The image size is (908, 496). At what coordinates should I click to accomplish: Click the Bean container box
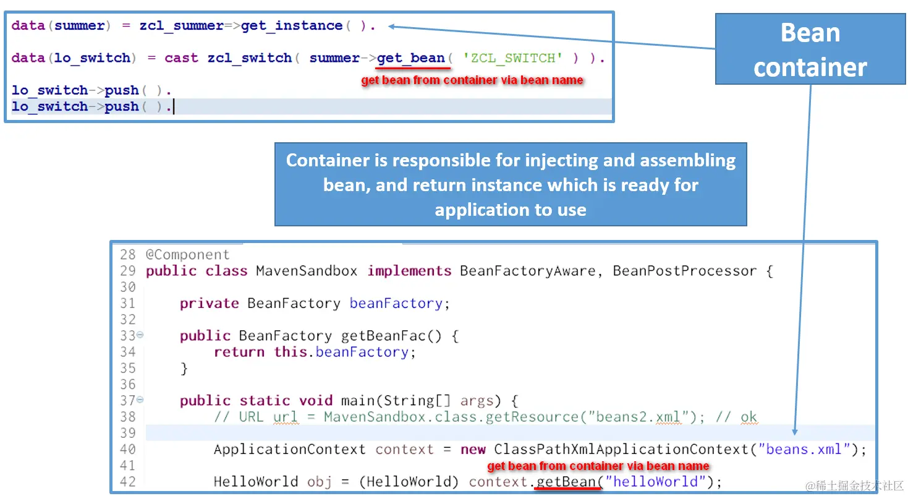[x=810, y=49]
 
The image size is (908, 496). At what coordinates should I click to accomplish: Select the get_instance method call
[x=292, y=26]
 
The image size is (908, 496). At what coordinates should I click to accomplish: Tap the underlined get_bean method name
[x=411, y=58]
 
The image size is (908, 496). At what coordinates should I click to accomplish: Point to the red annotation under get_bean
[x=472, y=80]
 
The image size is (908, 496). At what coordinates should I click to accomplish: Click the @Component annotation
[x=187, y=255]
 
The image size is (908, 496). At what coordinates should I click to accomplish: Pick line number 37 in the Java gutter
[x=127, y=401]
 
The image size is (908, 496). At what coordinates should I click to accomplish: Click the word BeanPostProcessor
[x=684, y=271]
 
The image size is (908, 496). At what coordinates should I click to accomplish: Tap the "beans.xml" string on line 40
[x=804, y=450]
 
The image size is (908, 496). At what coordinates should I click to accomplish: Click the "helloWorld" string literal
[x=656, y=482]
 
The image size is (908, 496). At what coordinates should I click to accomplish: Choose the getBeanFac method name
[x=383, y=336]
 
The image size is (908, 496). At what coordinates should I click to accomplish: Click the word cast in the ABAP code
[x=181, y=58]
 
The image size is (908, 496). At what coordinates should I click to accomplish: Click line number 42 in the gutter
[x=127, y=482]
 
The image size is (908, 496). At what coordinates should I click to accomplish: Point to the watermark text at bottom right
[x=854, y=485]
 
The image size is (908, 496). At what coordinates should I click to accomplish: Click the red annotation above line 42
[x=598, y=466]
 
